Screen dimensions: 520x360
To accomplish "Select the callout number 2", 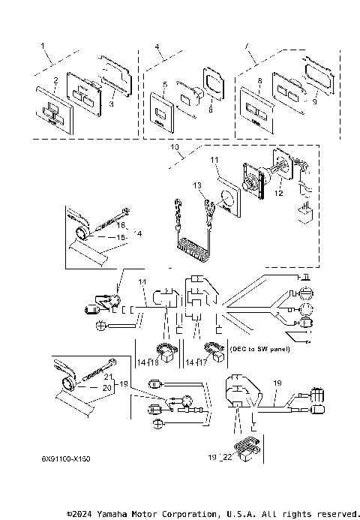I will pos(55,80).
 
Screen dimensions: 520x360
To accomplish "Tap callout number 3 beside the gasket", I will pos(112,105).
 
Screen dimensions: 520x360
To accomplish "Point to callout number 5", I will pos(164,86).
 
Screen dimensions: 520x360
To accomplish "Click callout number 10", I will pos(175,149).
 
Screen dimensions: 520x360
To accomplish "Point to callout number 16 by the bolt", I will pos(120,224).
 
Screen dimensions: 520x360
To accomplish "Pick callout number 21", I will pos(108,376).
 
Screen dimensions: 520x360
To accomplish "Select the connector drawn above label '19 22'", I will pos(246,447).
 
